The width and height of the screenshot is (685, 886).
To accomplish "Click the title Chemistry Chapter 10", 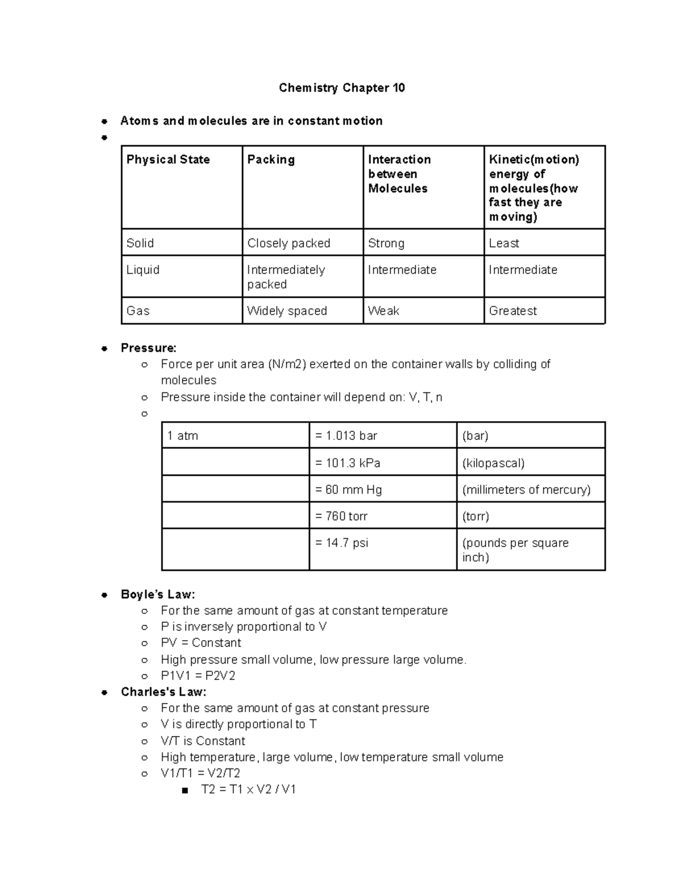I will coord(341,88).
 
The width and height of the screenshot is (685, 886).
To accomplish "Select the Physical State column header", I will coord(168,160).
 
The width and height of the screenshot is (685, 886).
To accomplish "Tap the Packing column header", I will coord(271,160).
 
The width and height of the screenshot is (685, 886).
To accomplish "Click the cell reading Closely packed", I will coord(289,243).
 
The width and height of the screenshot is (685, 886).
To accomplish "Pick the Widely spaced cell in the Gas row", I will coord(287,311).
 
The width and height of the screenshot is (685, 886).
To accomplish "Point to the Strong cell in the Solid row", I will coord(386,243).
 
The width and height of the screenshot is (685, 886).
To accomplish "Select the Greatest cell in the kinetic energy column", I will coord(513,311).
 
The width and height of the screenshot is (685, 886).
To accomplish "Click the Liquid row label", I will coord(143,270).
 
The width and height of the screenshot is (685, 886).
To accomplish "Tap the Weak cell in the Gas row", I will coord(384,311).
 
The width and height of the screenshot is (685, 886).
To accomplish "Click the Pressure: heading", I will coord(148,348).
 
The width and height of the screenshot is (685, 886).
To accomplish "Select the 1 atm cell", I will coord(183,436).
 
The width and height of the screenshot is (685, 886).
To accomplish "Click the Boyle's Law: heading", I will coord(158,594).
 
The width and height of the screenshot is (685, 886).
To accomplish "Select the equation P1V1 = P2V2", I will coord(198,676).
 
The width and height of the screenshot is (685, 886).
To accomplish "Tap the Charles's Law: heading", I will coord(163,692).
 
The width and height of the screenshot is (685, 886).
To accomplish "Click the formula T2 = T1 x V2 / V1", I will coord(248,790).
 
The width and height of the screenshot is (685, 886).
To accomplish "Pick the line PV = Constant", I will coord(201,643).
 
